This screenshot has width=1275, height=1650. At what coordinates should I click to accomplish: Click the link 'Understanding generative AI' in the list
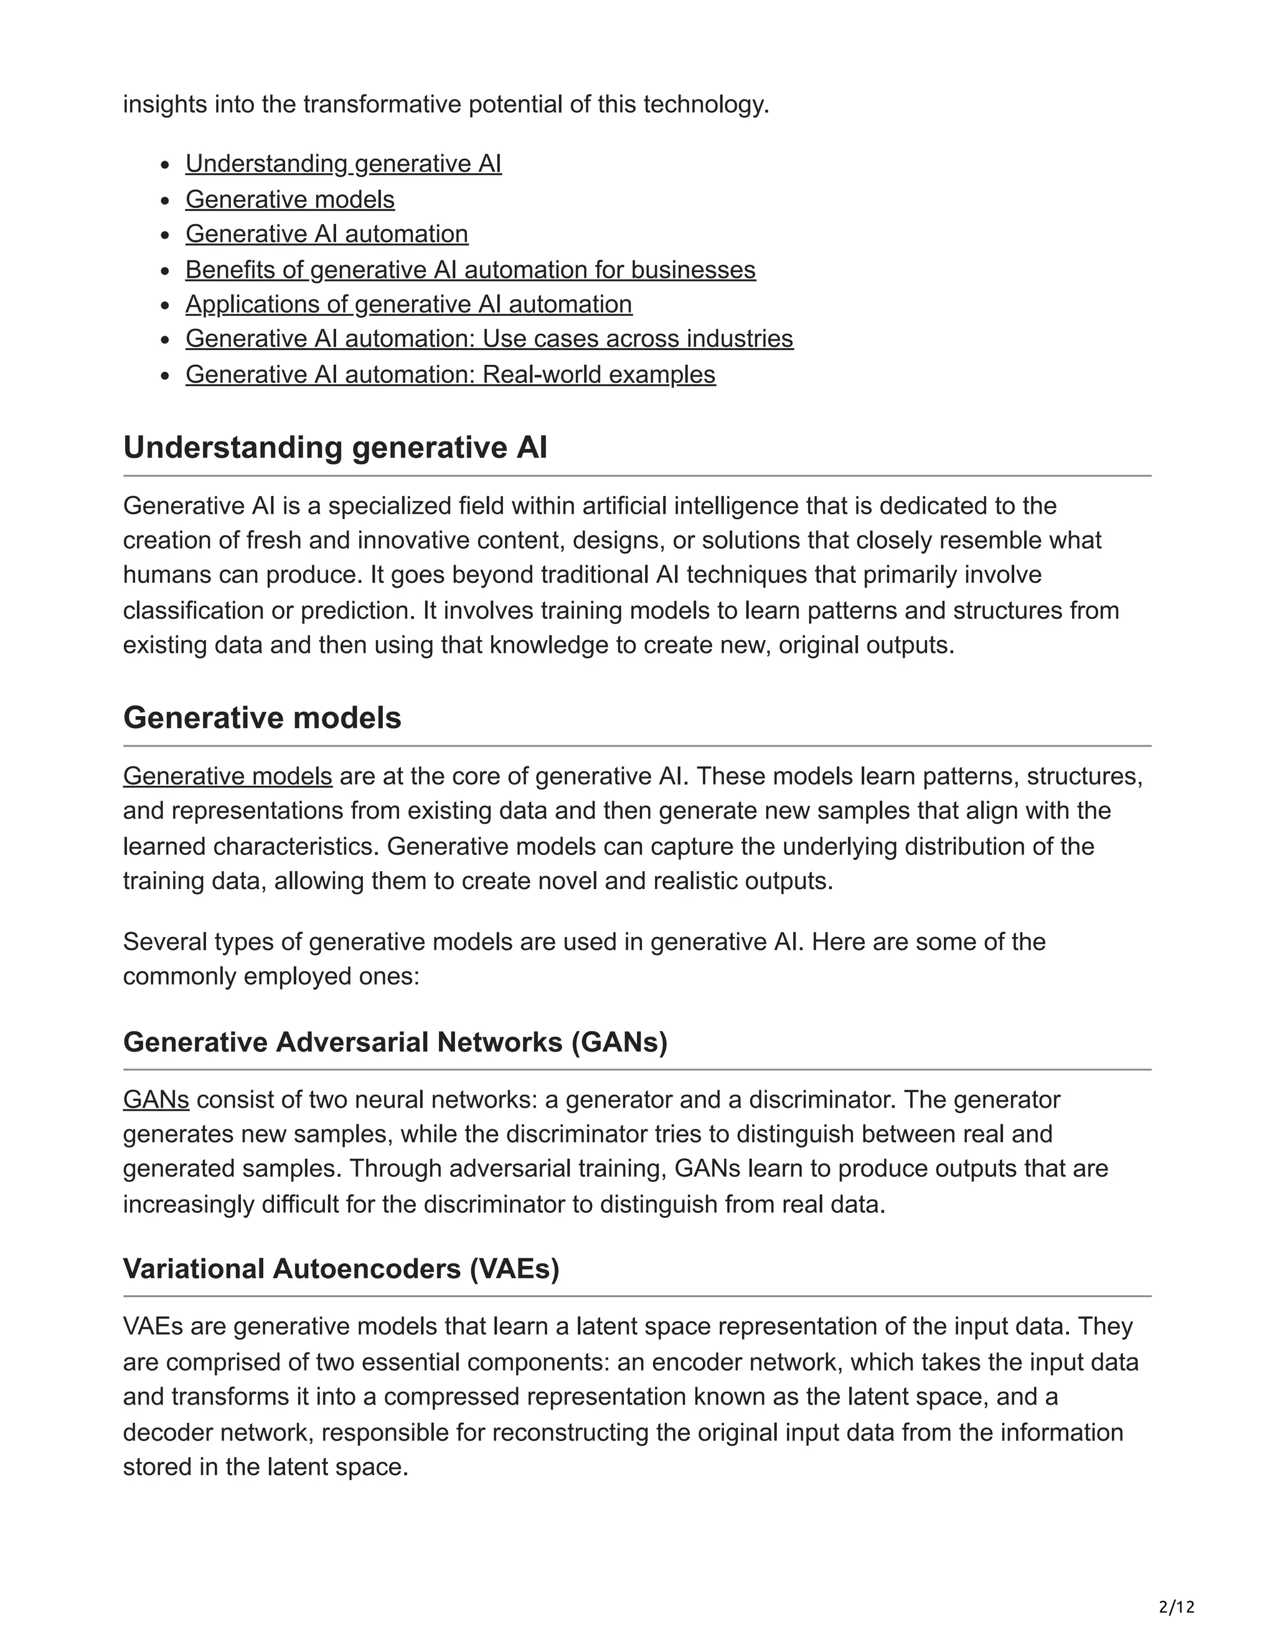pyautogui.click(x=343, y=164)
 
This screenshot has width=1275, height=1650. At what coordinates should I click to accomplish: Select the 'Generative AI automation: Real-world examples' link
pyautogui.click(x=450, y=375)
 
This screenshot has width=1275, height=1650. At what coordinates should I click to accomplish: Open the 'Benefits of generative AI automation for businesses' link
pyautogui.click(x=470, y=270)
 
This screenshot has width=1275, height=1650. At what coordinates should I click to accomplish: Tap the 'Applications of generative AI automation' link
pyautogui.click(x=408, y=304)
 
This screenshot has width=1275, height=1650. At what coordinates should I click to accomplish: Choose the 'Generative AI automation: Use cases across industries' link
pyautogui.click(x=489, y=339)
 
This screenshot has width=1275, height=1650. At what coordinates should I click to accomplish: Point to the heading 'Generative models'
pyautogui.click(x=262, y=718)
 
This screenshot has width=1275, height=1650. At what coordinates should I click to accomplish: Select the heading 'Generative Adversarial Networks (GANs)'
pyautogui.click(x=395, y=1042)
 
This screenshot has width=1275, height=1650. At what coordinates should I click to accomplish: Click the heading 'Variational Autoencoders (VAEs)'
pyautogui.click(x=341, y=1268)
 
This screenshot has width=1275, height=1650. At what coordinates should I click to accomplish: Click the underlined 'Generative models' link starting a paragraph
pyautogui.click(x=227, y=776)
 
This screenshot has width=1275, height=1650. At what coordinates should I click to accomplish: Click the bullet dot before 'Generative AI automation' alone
pyautogui.click(x=167, y=235)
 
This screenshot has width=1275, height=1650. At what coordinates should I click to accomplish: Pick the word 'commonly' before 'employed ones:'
pyautogui.click(x=179, y=976)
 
